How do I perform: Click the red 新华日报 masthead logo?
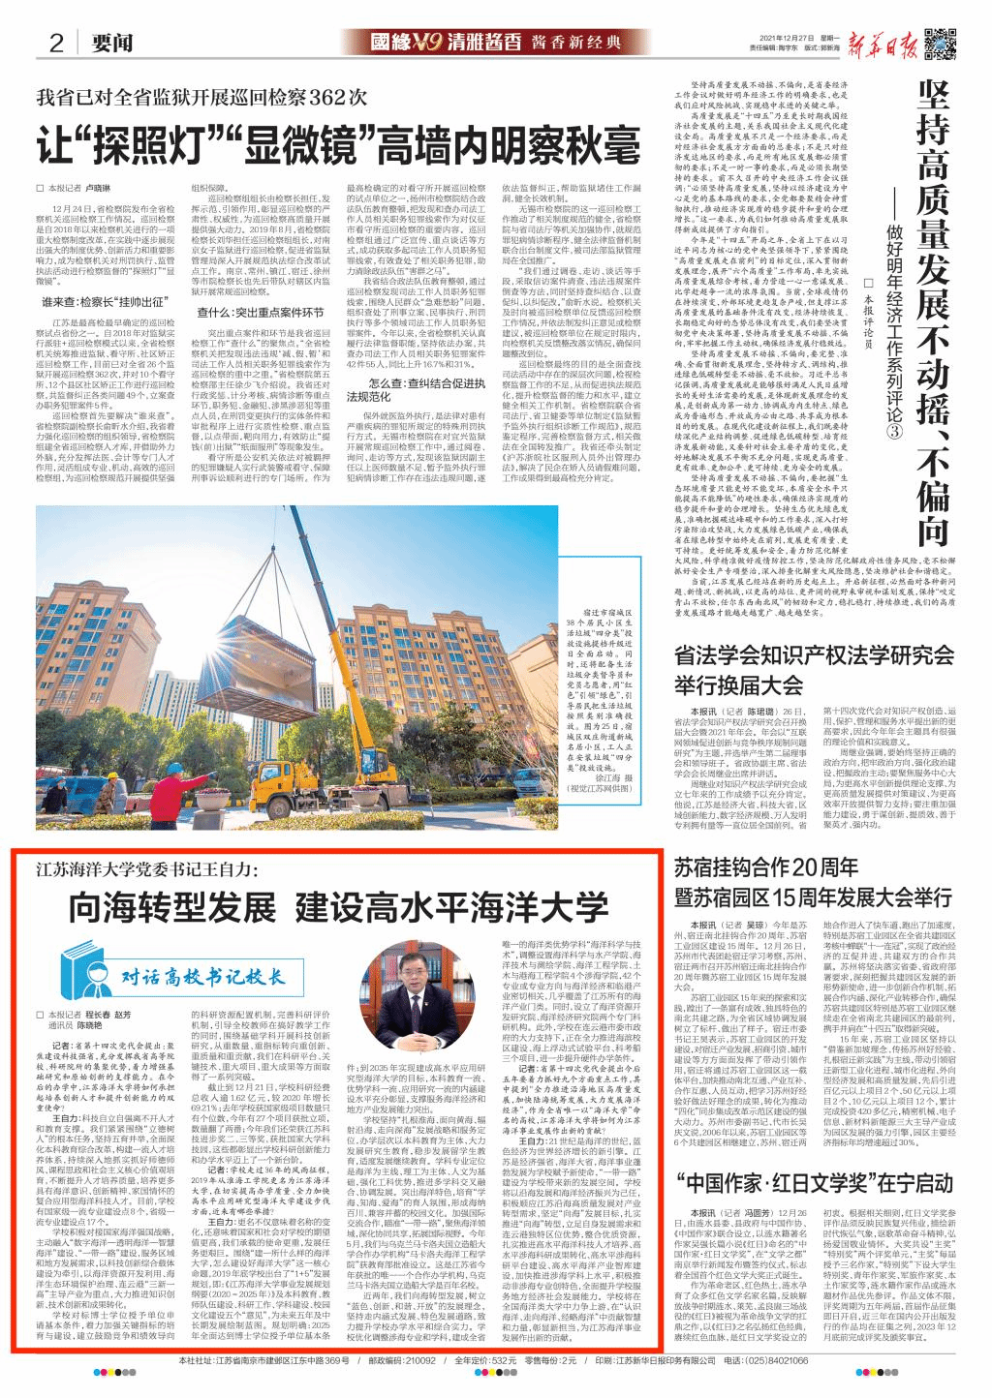(x=876, y=42)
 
